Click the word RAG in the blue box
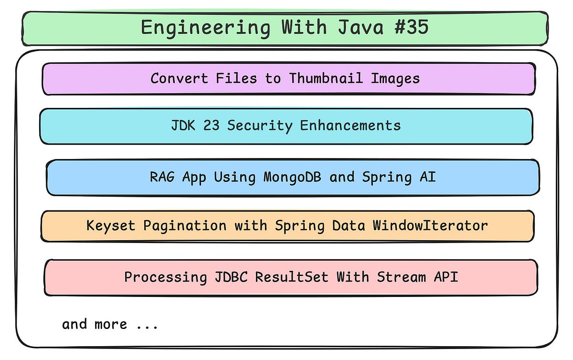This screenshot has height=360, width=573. (162, 177)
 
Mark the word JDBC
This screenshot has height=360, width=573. (233, 277)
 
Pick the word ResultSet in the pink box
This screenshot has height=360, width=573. (292, 277)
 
